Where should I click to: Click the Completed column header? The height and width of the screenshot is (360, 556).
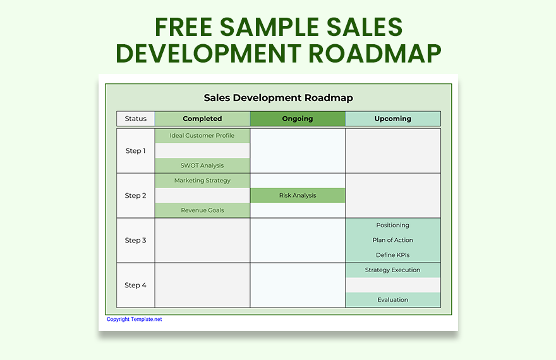(202, 119)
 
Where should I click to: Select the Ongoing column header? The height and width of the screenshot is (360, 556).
(298, 119)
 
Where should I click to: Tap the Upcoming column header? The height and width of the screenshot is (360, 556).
(393, 119)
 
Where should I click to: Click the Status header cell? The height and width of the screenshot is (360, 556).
(136, 119)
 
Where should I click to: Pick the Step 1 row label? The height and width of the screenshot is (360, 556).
(136, 151)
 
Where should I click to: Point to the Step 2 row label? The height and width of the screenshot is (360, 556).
(136, 196)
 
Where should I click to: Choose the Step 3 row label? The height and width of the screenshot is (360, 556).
(136, 241)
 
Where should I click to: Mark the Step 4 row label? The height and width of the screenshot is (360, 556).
(136, 285)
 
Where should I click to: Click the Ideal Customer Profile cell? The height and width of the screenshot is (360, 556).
(202, 136)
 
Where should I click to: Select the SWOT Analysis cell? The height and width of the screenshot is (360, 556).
(202, 165)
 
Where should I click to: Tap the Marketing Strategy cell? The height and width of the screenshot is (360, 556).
(202, 181)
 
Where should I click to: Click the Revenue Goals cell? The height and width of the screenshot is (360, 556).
(202, 210)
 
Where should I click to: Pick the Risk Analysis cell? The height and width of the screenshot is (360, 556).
(298, 196)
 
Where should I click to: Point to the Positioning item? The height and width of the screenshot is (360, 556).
(393, 225)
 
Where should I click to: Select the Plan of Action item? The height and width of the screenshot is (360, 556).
(393, 240)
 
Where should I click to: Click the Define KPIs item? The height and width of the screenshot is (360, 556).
(393, 255)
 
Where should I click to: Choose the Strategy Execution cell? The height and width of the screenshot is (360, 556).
(393, 270)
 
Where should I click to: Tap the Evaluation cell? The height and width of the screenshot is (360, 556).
(393, 300)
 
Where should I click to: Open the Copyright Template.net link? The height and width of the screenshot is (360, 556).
(134, 320)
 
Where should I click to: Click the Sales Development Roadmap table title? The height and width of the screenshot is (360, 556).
(278, 98)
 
